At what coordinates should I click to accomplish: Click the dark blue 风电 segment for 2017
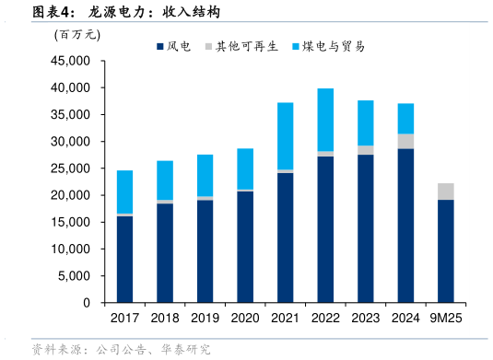tap(124, 259)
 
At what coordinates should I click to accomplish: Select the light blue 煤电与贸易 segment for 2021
tap(285, 136)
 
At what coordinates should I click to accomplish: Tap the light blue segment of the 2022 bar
tap(325, 120)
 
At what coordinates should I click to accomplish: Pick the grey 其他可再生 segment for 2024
tap(405, 141)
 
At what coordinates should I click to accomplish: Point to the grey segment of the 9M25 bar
tap(446, 192)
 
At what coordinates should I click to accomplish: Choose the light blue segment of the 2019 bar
tap(205, 176)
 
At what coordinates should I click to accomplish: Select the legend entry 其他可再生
tap(241, 46)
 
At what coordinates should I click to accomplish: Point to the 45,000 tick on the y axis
tap(73, 61)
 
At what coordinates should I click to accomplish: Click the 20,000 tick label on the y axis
tap(73, 195)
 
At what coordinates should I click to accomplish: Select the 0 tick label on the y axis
tap(89, 303)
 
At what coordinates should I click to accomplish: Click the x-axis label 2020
tap(245, 318)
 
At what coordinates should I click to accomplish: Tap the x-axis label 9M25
tap(446, 318)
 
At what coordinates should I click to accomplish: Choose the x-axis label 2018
tap(165, 318)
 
